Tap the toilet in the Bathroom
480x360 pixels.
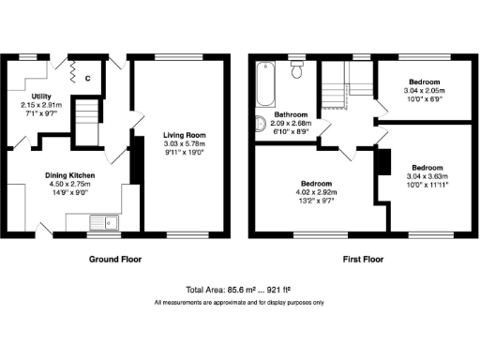coord(297,69)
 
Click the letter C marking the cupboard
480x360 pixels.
coord(87,79)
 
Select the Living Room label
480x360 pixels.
coord(183,135)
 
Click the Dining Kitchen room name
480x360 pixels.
coord(71,175)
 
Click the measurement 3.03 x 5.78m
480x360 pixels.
coord(183,143)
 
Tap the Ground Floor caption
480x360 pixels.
coord(115,259)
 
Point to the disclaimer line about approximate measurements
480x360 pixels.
coord(239,303)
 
